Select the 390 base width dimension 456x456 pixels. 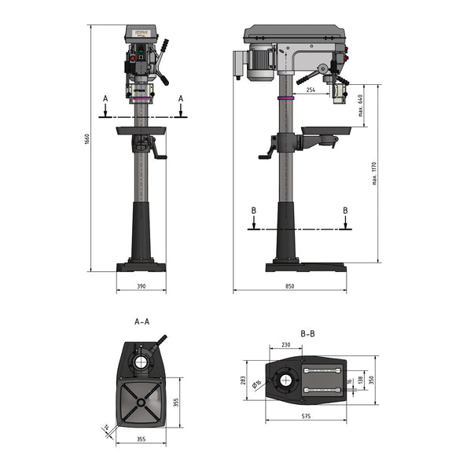142,286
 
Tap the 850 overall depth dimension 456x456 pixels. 290,286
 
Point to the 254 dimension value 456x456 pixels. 311,90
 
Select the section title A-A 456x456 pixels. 142,322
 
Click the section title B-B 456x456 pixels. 308,333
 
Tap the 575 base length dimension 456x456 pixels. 304,416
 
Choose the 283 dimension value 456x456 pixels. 244,381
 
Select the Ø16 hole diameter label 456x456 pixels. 257,383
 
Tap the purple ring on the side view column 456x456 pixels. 285,98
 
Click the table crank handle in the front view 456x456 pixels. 160,153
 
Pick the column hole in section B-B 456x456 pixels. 285,381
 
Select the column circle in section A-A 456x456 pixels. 142,362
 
